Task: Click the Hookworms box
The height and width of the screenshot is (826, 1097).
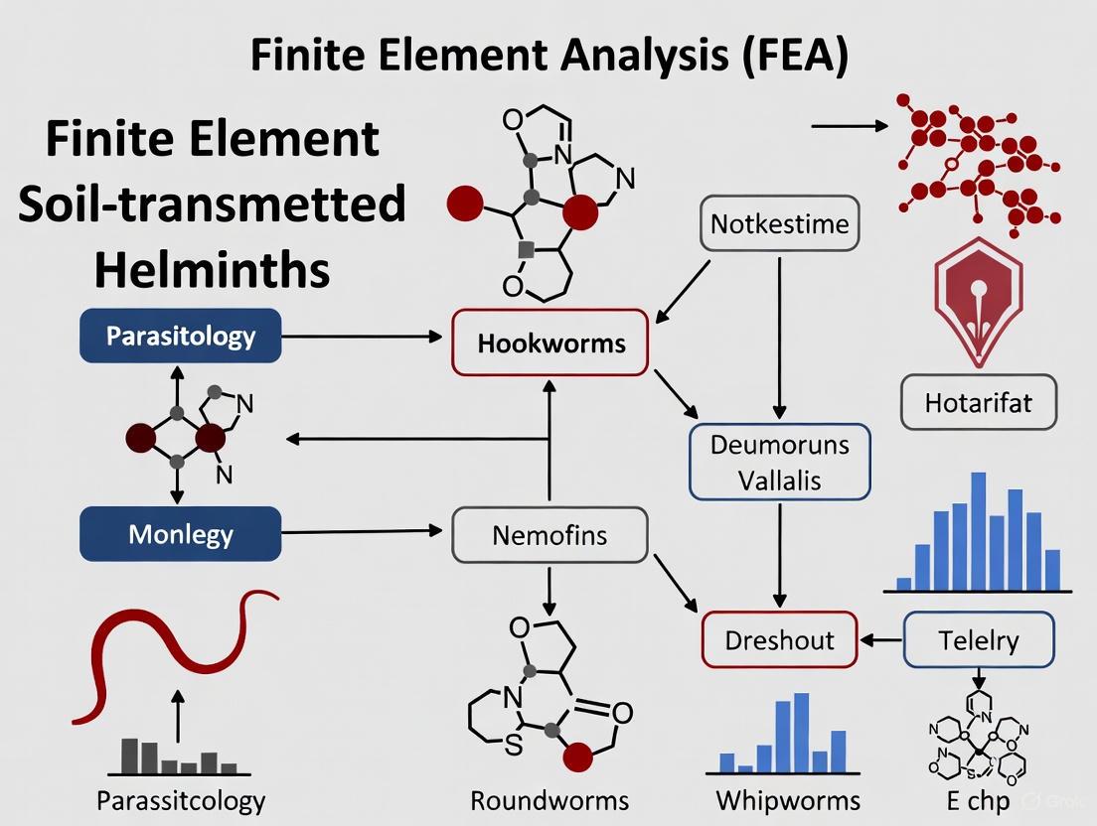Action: (x=550, y=344)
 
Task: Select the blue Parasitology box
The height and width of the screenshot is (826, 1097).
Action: (x=180, y=337)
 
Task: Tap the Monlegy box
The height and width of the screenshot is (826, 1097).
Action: (x=180, y=534)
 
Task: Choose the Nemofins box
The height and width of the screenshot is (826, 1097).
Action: (x=549, y=536)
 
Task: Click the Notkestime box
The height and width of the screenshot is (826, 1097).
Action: (x=780, y=223)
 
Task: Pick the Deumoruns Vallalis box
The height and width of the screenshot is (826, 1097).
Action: (x=780, y=462)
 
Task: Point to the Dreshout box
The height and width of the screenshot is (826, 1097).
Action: (x=779, y=639)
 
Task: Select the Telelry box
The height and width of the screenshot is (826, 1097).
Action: (x=978, y=639)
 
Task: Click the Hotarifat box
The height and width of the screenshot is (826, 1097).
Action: (x=978, y=402)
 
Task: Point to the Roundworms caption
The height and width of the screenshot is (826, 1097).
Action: (x=549, y=800)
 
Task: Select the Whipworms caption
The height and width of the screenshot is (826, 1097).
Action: (x=788, y=800)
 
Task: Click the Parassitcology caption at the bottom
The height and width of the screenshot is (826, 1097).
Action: (x=181, y=800)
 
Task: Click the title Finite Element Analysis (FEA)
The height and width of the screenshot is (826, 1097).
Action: (x=549, y=56)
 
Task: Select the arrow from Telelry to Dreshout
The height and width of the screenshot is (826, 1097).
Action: (x=880, y=640)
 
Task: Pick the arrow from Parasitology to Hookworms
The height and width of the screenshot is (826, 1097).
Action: (x=363, y=338)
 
